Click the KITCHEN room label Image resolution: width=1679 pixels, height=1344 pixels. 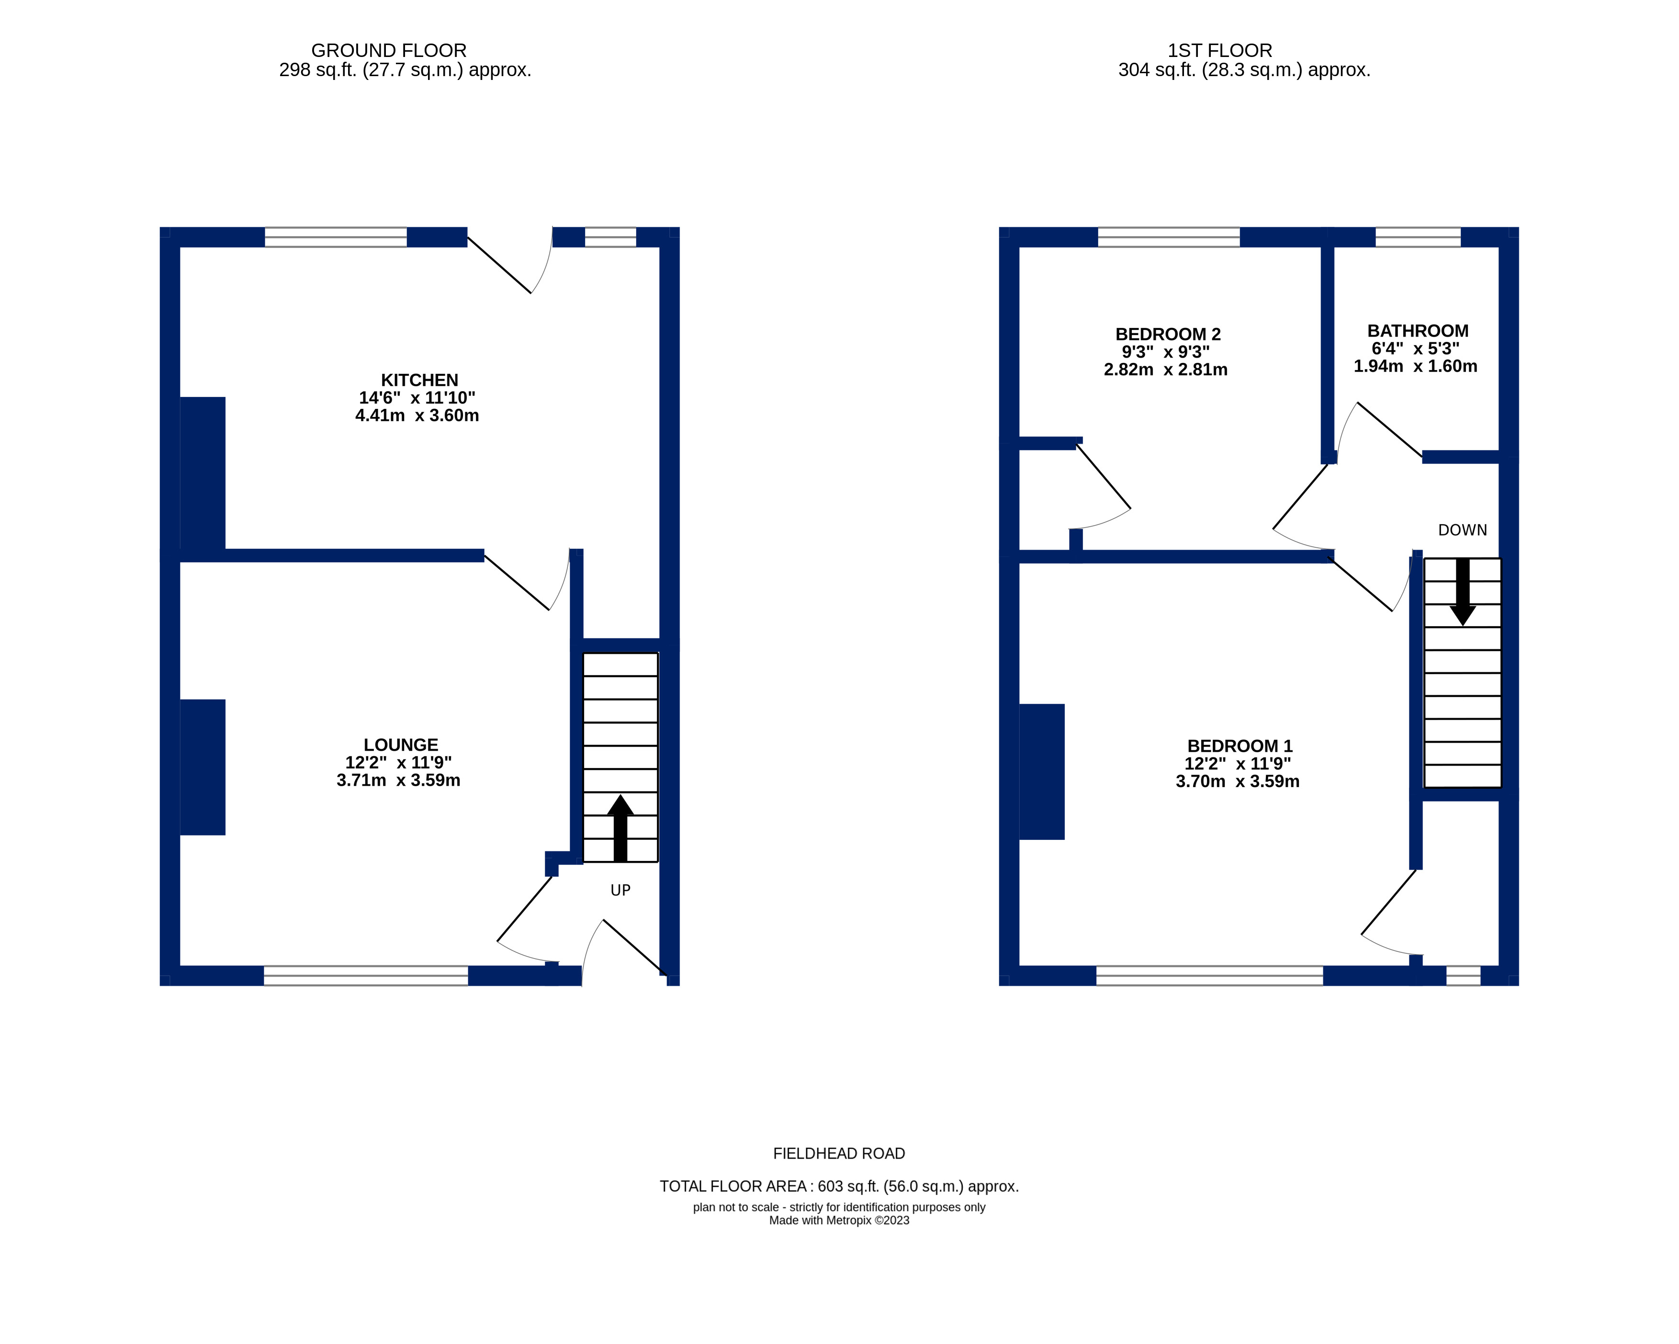coord(419,380)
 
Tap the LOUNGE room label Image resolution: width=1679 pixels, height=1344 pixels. coord(400,745)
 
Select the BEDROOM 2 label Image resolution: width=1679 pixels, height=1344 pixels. coord(1167,334)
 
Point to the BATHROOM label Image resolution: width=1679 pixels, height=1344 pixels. coord(1417,331)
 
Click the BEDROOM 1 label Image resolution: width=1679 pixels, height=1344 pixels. coord(1239,746)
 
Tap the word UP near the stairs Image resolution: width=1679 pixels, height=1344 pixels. coord(620,890)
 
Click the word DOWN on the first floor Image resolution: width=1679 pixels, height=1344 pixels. coord(1462,531)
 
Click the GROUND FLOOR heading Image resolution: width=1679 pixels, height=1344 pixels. coord(389,51)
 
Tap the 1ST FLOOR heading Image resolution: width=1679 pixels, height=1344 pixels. coord(1219,51)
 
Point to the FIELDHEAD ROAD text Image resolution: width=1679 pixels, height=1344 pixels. coord(839,1153)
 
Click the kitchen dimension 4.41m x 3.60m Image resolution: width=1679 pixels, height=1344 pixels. coord(417,416)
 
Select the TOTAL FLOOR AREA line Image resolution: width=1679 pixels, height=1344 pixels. coord(839,1186)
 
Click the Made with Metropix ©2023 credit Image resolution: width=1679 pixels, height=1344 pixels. coord(839,1220)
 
